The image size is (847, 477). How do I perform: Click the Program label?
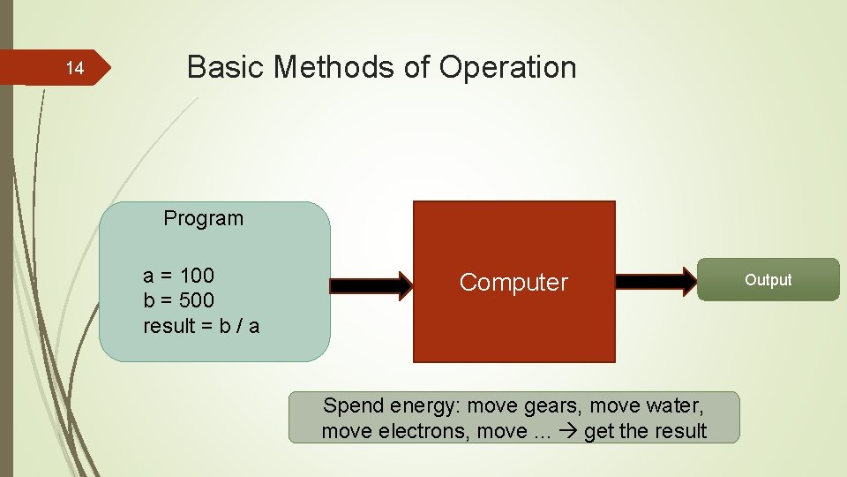tap(203, 218)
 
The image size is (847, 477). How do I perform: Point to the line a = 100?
tap(178, 275)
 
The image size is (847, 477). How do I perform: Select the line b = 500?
tap(178, 300)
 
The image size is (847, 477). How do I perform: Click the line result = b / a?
tap(201, 326)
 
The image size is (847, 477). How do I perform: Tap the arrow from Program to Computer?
tap(371, 284)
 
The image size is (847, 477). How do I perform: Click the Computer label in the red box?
tap(513, 283)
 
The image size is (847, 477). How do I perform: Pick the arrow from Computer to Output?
tap(656, 282)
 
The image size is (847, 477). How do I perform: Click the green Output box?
tap(768, 280)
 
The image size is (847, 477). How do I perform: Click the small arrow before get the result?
tap(569, 432)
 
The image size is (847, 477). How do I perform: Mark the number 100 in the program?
tap(196, 275)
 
